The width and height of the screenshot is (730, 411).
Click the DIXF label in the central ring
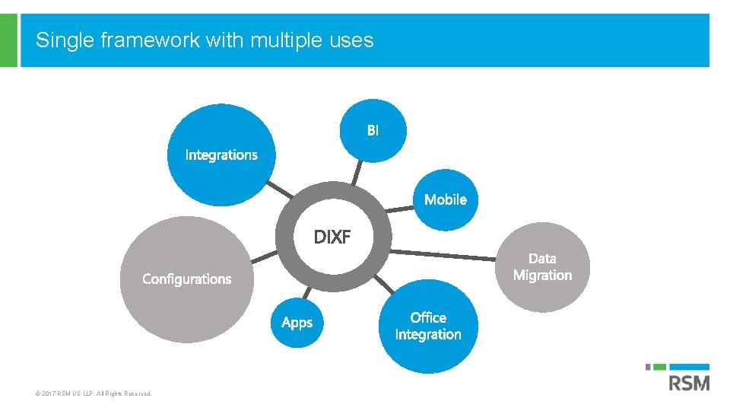[332, 237]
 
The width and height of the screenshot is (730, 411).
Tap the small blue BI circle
[373, 131]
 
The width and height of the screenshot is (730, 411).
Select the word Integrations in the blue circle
[221, 155]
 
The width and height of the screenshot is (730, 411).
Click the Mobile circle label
[446, 199]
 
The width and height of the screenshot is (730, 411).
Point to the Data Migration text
[542, 267]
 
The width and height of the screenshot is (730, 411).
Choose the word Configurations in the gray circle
[187, 279]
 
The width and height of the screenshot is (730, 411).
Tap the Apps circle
[297, 323]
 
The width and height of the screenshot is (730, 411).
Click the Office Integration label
[428, 326]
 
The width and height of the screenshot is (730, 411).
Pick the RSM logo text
[688, 382]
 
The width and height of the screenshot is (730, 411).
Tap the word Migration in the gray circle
[542, 276]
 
